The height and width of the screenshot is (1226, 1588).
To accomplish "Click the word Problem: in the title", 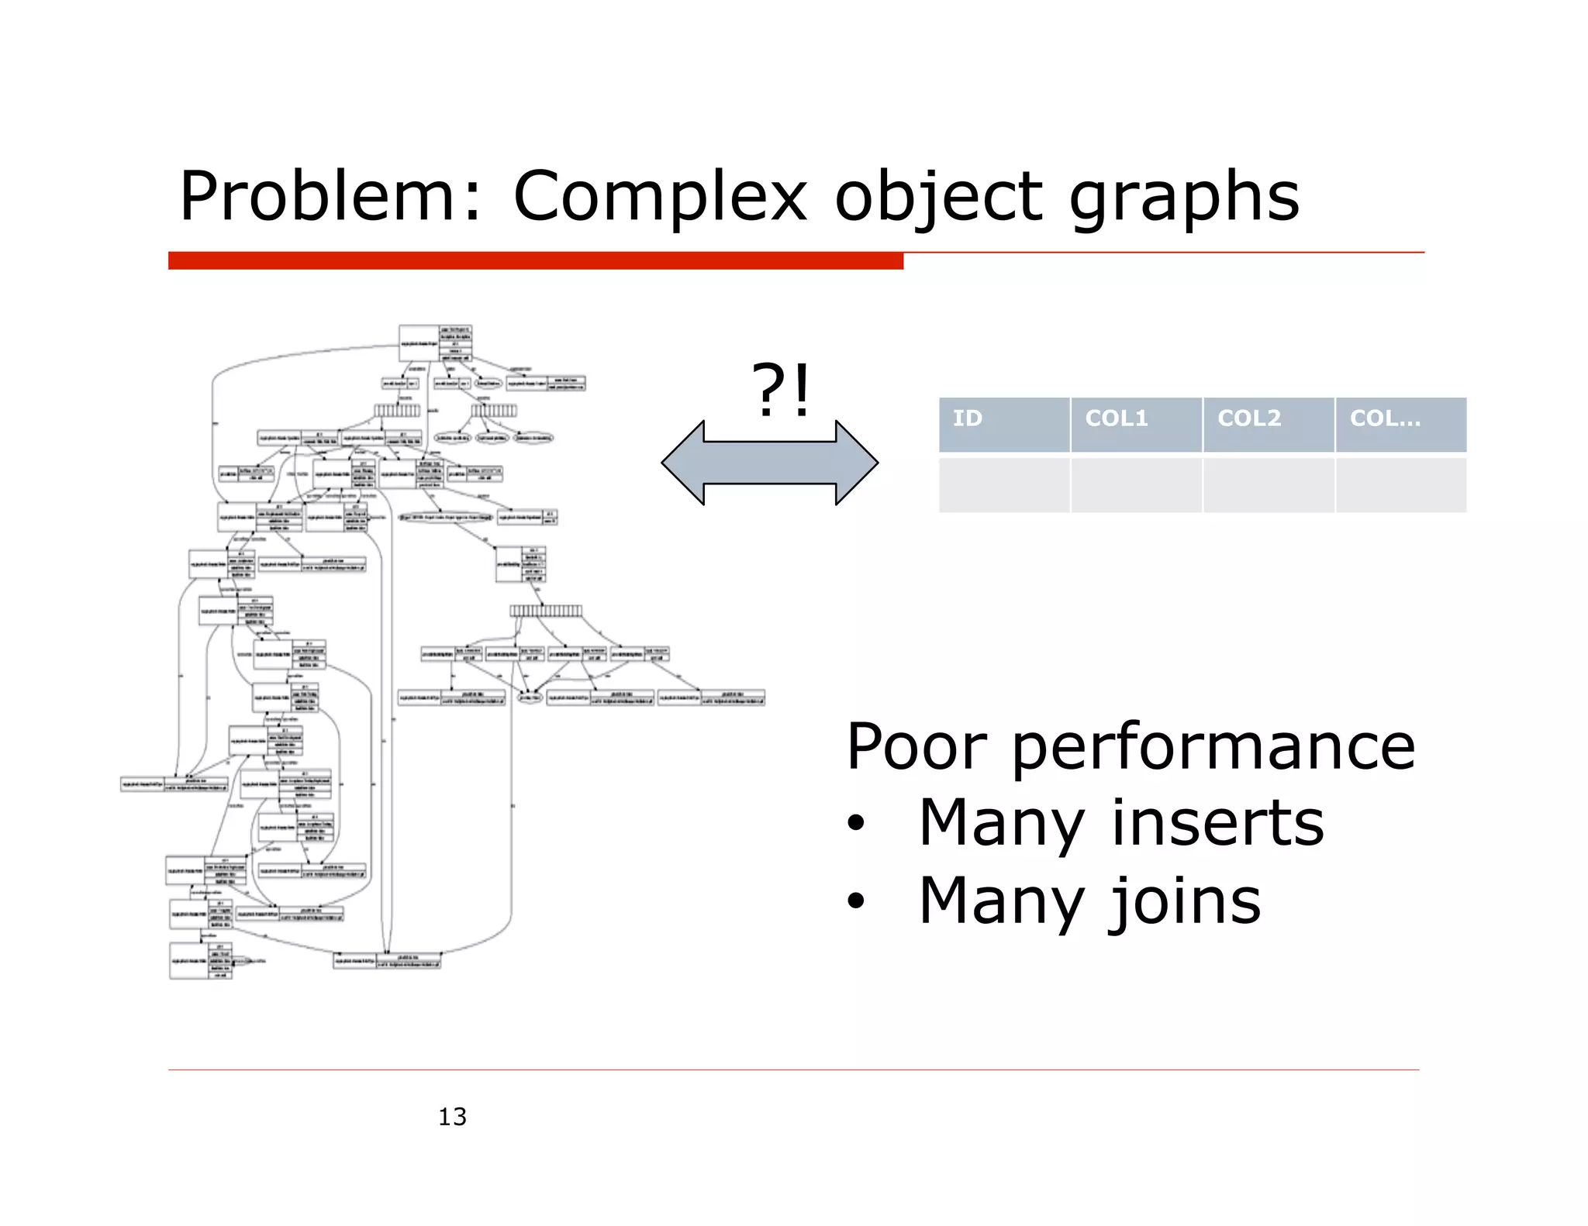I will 330,198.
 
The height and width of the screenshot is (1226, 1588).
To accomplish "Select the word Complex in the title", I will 660,198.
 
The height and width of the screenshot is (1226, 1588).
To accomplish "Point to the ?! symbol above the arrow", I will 781,390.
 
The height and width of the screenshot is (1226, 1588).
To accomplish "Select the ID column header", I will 1003,424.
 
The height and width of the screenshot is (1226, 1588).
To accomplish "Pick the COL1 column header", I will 1136,424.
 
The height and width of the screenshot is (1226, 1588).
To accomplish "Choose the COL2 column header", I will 1269,424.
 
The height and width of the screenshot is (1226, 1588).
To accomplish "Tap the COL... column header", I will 1400,424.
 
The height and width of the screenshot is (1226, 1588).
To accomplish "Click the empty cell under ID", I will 1003,485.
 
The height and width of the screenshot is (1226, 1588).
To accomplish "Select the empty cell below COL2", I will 1269,485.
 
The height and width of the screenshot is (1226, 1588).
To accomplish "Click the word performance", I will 1213,748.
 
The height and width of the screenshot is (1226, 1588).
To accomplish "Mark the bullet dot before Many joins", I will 855,901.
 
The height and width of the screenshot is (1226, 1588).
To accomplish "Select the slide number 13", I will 452,1117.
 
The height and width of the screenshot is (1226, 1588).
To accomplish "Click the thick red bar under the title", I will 535,261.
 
